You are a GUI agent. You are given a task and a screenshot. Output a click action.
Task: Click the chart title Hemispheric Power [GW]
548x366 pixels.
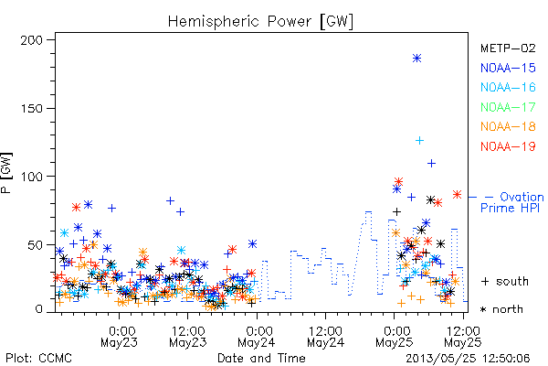pyautogui.click(x=260, y=21)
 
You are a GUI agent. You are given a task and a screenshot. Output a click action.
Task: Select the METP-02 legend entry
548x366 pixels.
pyautogui.click(x=508, y=48)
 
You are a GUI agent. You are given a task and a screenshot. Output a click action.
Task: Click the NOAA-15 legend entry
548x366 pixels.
pyautogui.click(x=508, y=68)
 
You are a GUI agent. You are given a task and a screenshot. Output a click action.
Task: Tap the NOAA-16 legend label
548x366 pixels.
pyautogui.click(x=508, y=87)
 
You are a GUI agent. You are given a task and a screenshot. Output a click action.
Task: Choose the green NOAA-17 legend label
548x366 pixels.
pyautogui.click(x=508, y=107)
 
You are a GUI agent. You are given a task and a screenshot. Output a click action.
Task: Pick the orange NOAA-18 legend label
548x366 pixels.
pyautogui.click(x=508, y=126)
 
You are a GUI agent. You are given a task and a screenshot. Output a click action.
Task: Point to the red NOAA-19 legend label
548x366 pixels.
pyautogui.click(x=508, y=146)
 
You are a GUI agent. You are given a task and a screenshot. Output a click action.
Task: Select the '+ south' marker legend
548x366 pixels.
pyautogui.click(x=505, y=281)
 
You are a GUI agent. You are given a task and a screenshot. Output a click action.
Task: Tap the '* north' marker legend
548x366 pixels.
pyautogui.click(x=501, y=309)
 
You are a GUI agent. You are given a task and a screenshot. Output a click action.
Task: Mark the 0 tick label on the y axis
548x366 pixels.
pyautogui.click(x=38, y=309)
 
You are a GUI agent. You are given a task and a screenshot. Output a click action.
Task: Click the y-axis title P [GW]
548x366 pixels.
pyautogui.click(x=6, y=173)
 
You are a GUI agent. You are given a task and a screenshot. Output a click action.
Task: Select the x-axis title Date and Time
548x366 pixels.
pyautogui.click(x=261, y=358)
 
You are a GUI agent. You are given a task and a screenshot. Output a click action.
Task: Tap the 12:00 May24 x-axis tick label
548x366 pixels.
pyautogui.click(x=326, y=336)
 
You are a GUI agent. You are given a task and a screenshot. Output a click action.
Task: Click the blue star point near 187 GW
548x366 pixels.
pyautogui.click(x=416, y=59)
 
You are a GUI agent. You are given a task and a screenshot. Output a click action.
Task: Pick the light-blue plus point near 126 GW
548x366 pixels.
pyautogui.click(x=419, y=140)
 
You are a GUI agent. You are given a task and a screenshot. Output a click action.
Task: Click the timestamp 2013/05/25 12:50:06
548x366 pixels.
pyautogui.click(x=468, y=359)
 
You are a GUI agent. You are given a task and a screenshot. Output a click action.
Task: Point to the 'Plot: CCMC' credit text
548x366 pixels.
pyautogui.click(x=38, y=358)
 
